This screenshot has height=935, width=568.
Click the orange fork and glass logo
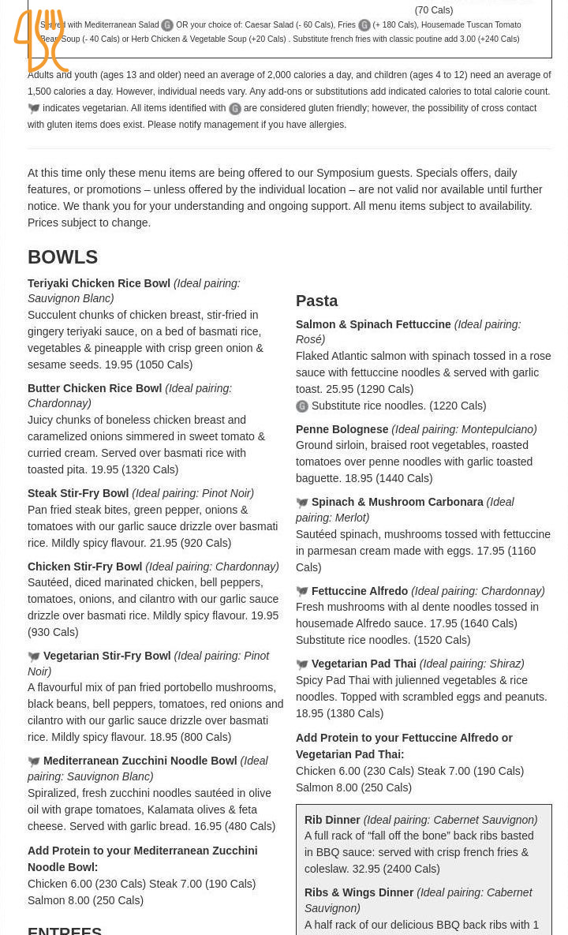[x=40, y=41]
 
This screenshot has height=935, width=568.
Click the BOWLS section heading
[x=62, y=256]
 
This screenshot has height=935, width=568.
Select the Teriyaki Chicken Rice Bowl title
[x=99, y=283]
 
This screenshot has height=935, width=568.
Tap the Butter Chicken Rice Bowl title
[x=95, y=388]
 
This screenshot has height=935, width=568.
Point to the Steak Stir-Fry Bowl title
[x=79, y=493]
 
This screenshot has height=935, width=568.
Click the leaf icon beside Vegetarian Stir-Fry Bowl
[x=34, y=656]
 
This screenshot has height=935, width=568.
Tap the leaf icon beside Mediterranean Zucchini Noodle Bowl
[x=34, y=762]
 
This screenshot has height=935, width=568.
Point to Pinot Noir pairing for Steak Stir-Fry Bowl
[x=212, y=493]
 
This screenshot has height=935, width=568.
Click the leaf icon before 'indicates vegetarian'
[x=34, y=109]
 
